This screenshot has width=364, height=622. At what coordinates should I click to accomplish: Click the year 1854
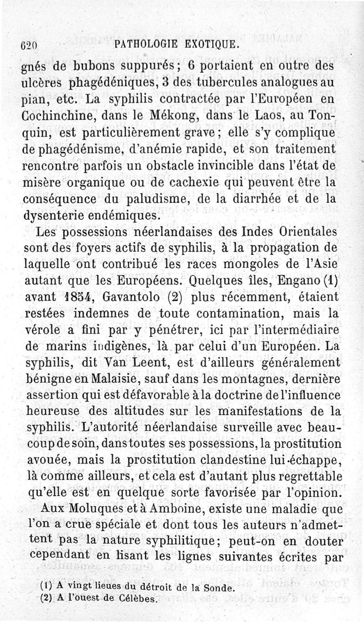(78, 297)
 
